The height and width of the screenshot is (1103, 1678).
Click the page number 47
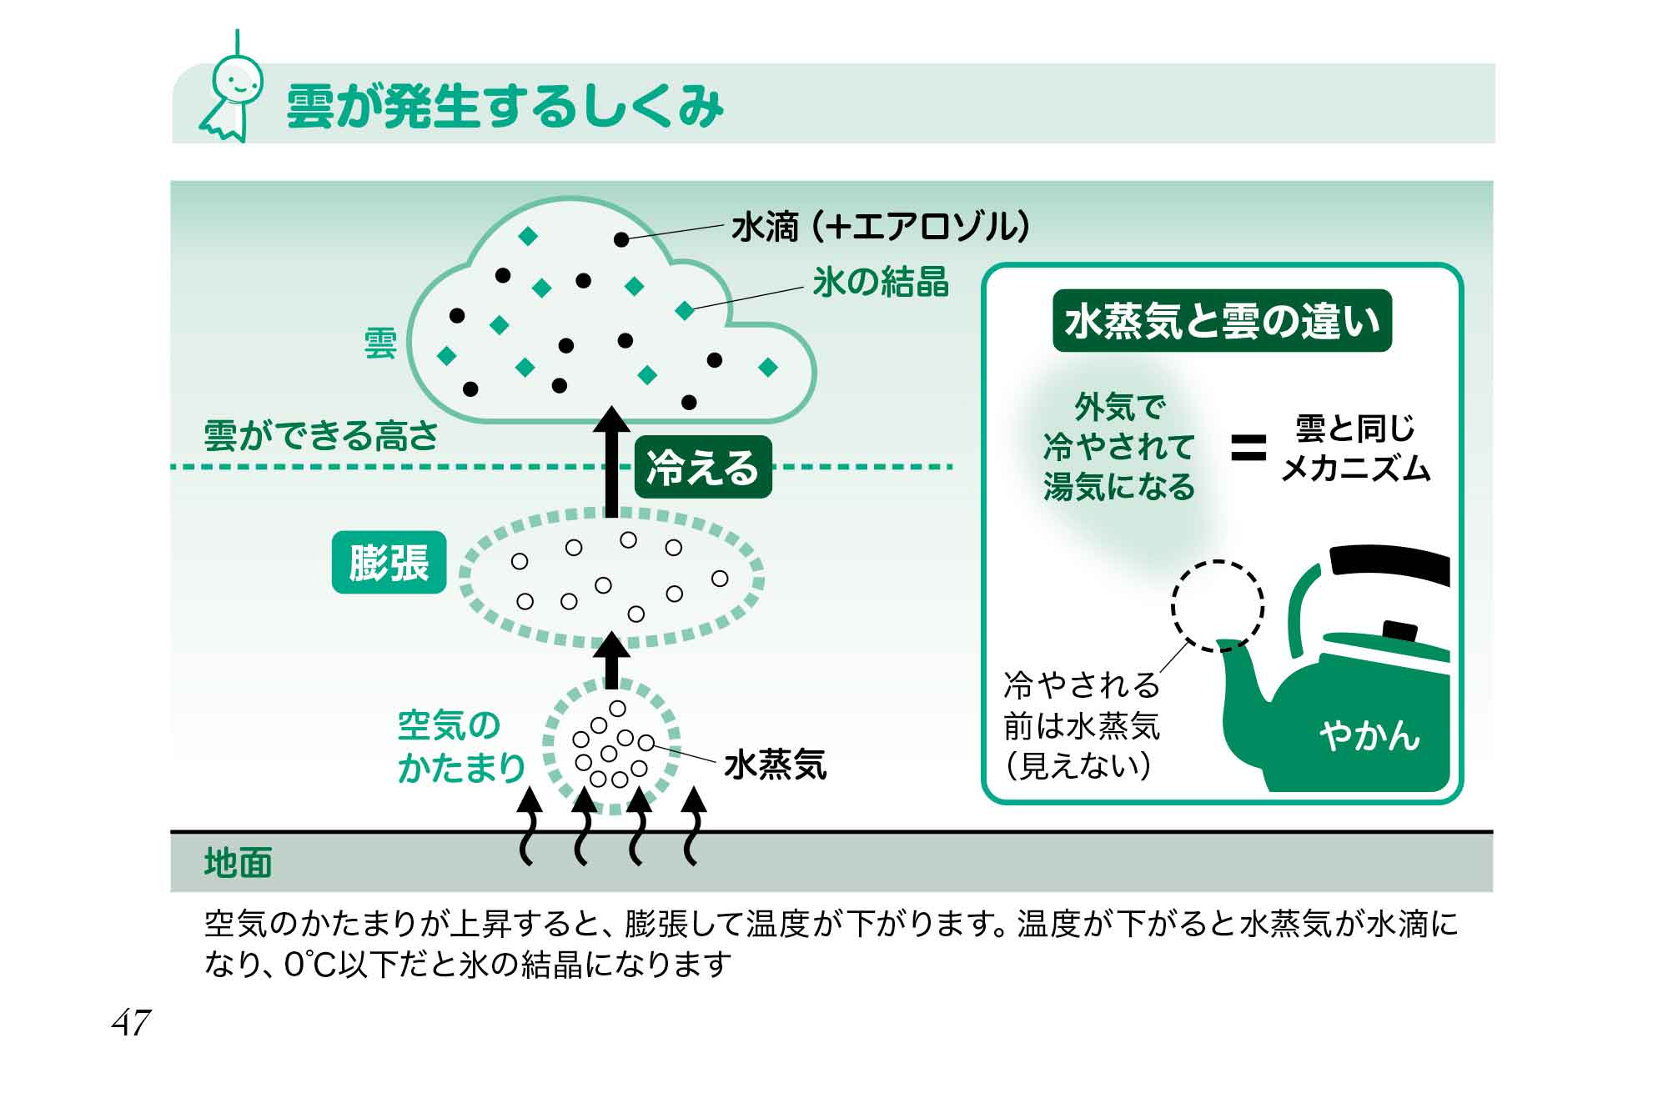point(132,1022)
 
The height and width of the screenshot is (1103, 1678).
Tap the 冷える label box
point(703,467)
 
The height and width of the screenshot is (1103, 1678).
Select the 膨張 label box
point(389,563)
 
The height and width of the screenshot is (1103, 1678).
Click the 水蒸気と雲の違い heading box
point(1222,321)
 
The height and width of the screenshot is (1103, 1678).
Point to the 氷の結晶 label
point(881,283)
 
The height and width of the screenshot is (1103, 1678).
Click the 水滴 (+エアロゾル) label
point(880,227)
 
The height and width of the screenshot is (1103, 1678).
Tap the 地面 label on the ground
point(239,864)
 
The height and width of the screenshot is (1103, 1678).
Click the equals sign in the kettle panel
point(1248,449)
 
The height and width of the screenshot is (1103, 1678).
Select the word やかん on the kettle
point(1369,735)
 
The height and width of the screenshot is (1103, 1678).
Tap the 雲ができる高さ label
point(321,435)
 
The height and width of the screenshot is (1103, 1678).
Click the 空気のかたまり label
point(461,747)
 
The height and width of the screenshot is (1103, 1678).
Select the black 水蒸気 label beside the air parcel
point(776,765)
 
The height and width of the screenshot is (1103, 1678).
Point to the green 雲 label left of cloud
point(380,343)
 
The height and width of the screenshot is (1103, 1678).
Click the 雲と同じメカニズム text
point(1355,449)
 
